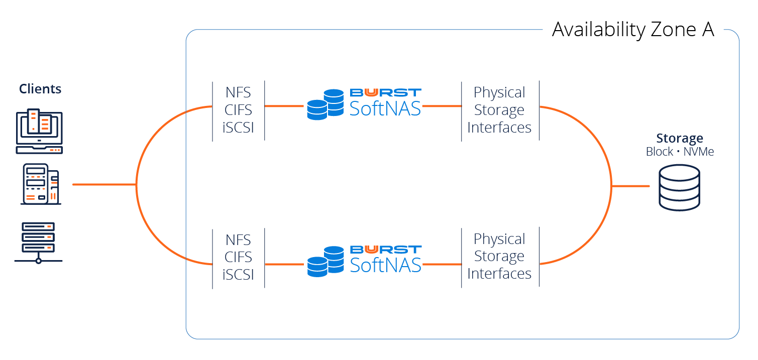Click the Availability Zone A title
point(633,30)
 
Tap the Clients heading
point(40,89)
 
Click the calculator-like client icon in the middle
point(40,184)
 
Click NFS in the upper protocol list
point(238,92)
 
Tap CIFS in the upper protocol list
point(238,110)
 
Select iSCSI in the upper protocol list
point(238,128)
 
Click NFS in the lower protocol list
point(238,239)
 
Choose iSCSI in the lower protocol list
point(238,275)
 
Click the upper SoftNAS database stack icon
point(324,104)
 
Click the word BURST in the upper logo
point(385,92)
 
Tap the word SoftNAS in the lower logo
point(385,265)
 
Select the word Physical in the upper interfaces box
point(499,92)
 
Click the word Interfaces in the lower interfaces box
point(499,274)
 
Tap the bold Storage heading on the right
point(680,139)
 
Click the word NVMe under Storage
point(699,152)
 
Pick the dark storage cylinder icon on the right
point(679,188)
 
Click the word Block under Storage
point(660,152)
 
